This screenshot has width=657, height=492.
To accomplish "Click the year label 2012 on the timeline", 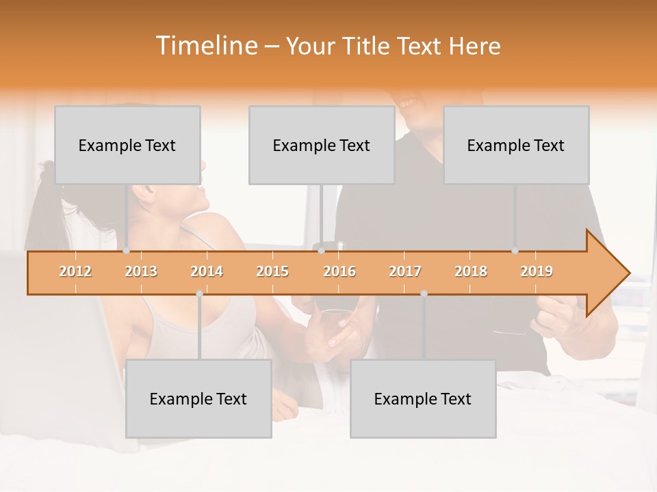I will pyautogui.click(x=75, y=271).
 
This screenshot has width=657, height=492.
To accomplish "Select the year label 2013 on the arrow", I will pyautogui.click(x=141, y=271).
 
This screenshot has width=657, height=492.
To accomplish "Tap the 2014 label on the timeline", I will pyautogui.click(x=207, y=271).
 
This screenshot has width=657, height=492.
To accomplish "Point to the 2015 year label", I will pyautogui.click(x=272, y=271).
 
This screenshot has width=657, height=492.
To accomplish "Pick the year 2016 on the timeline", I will pyautogui.click(x=339, y=271).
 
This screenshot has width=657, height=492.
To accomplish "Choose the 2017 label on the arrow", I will pyautogui.click(x=405, y=271).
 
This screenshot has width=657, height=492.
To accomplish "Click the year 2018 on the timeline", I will pyautogui.click(x=471, y=271).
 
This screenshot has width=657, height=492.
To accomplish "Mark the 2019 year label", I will pyautogui.click(x=537, y=271).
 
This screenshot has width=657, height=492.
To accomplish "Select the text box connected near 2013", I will pyautogui.click(x=127, y=145).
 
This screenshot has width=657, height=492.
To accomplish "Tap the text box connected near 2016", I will pyautogui.click(x=322, y=145).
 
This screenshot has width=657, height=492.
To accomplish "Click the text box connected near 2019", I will pyautogui.click(x=516, y=145).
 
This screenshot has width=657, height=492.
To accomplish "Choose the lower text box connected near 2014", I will pyautogui.click(x=198, y=398).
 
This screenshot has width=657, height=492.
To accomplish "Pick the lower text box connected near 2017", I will pyautogui.click(x=423, y=398).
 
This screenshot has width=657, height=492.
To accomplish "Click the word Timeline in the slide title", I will pyautogui.click(x=205, y=46).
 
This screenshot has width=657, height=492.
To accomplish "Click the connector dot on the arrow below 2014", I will pyautogui.click(x=199, y=294).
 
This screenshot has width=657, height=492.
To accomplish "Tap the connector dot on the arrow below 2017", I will pyautogui.click(x=424, y=294).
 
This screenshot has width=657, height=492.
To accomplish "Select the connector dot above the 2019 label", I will pyautogui.click(x=515, y=251).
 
